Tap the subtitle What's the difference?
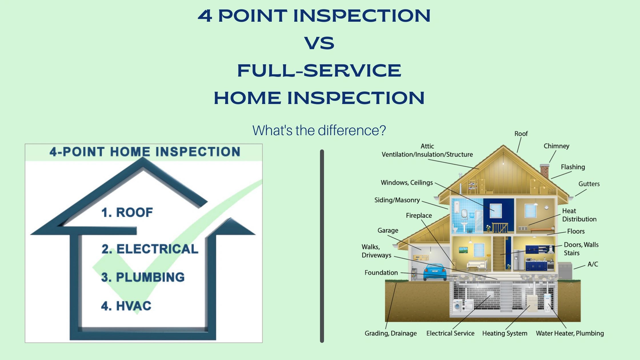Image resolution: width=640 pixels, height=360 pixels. click(x=319, y=130)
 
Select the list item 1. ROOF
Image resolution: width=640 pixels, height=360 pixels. click(x=127, y=213)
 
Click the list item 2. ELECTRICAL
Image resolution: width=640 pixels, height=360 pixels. click(x=150, y=249)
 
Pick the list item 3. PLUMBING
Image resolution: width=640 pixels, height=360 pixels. click(x=143, y=277)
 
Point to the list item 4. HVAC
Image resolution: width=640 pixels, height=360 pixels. click(x=126, y=306)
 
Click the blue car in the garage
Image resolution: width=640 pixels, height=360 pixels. click(x=435, y=272)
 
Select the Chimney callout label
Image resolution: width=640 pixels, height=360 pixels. click(x=556, y=146)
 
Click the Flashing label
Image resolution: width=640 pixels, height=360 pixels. click(x=573, y=167)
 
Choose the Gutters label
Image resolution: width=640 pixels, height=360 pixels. click(x=589, y=184)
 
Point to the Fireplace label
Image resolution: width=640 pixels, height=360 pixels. click(x=419, y=215)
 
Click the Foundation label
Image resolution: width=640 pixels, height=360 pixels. click(x=381, y=273)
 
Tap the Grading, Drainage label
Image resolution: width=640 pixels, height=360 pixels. click(x=391, y=333)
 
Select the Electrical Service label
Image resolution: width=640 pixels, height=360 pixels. click(x=450, y=333)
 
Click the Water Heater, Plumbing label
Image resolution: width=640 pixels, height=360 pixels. click(x=570, y=333)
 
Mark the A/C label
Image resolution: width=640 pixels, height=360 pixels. click(x=593, y=264)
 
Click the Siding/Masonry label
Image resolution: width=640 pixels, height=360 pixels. click(x=397, y=200)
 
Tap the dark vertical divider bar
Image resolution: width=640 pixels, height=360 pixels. click(x=322, y=246)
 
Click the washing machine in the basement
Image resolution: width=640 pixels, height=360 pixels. click(x=457, y=306)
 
